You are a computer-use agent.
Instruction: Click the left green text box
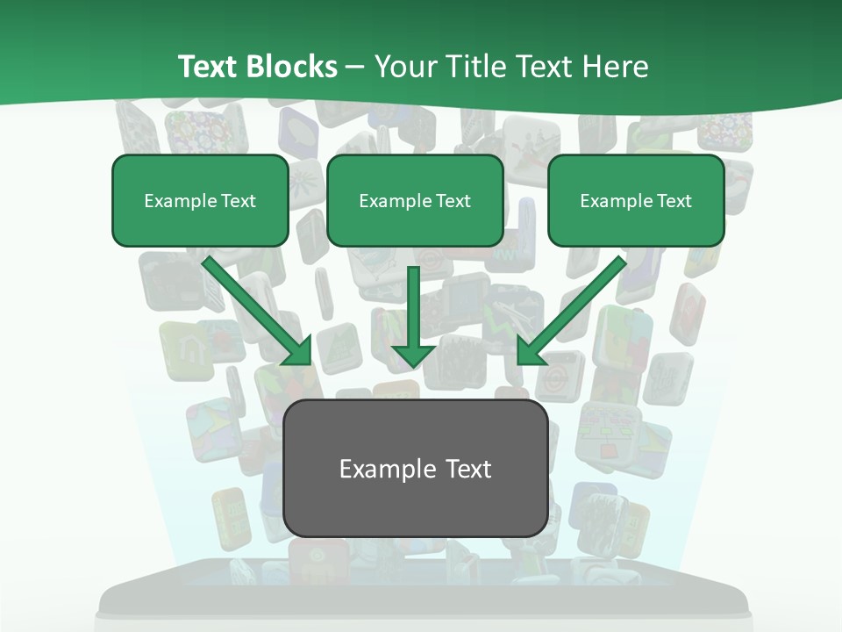point(200,200)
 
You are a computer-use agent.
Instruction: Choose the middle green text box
point(415,200)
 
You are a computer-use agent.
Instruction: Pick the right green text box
point(636,200)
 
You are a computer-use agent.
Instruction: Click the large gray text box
point(416,468)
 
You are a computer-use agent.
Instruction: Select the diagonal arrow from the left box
point(254,307)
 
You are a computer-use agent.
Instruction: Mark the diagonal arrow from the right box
point(574,307)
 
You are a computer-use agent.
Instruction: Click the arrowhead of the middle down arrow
point(413,353)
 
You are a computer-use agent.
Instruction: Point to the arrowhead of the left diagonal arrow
point(298,351)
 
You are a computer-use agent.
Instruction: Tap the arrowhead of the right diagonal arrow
point(530,350)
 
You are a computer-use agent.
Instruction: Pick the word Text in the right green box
point(674,201)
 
